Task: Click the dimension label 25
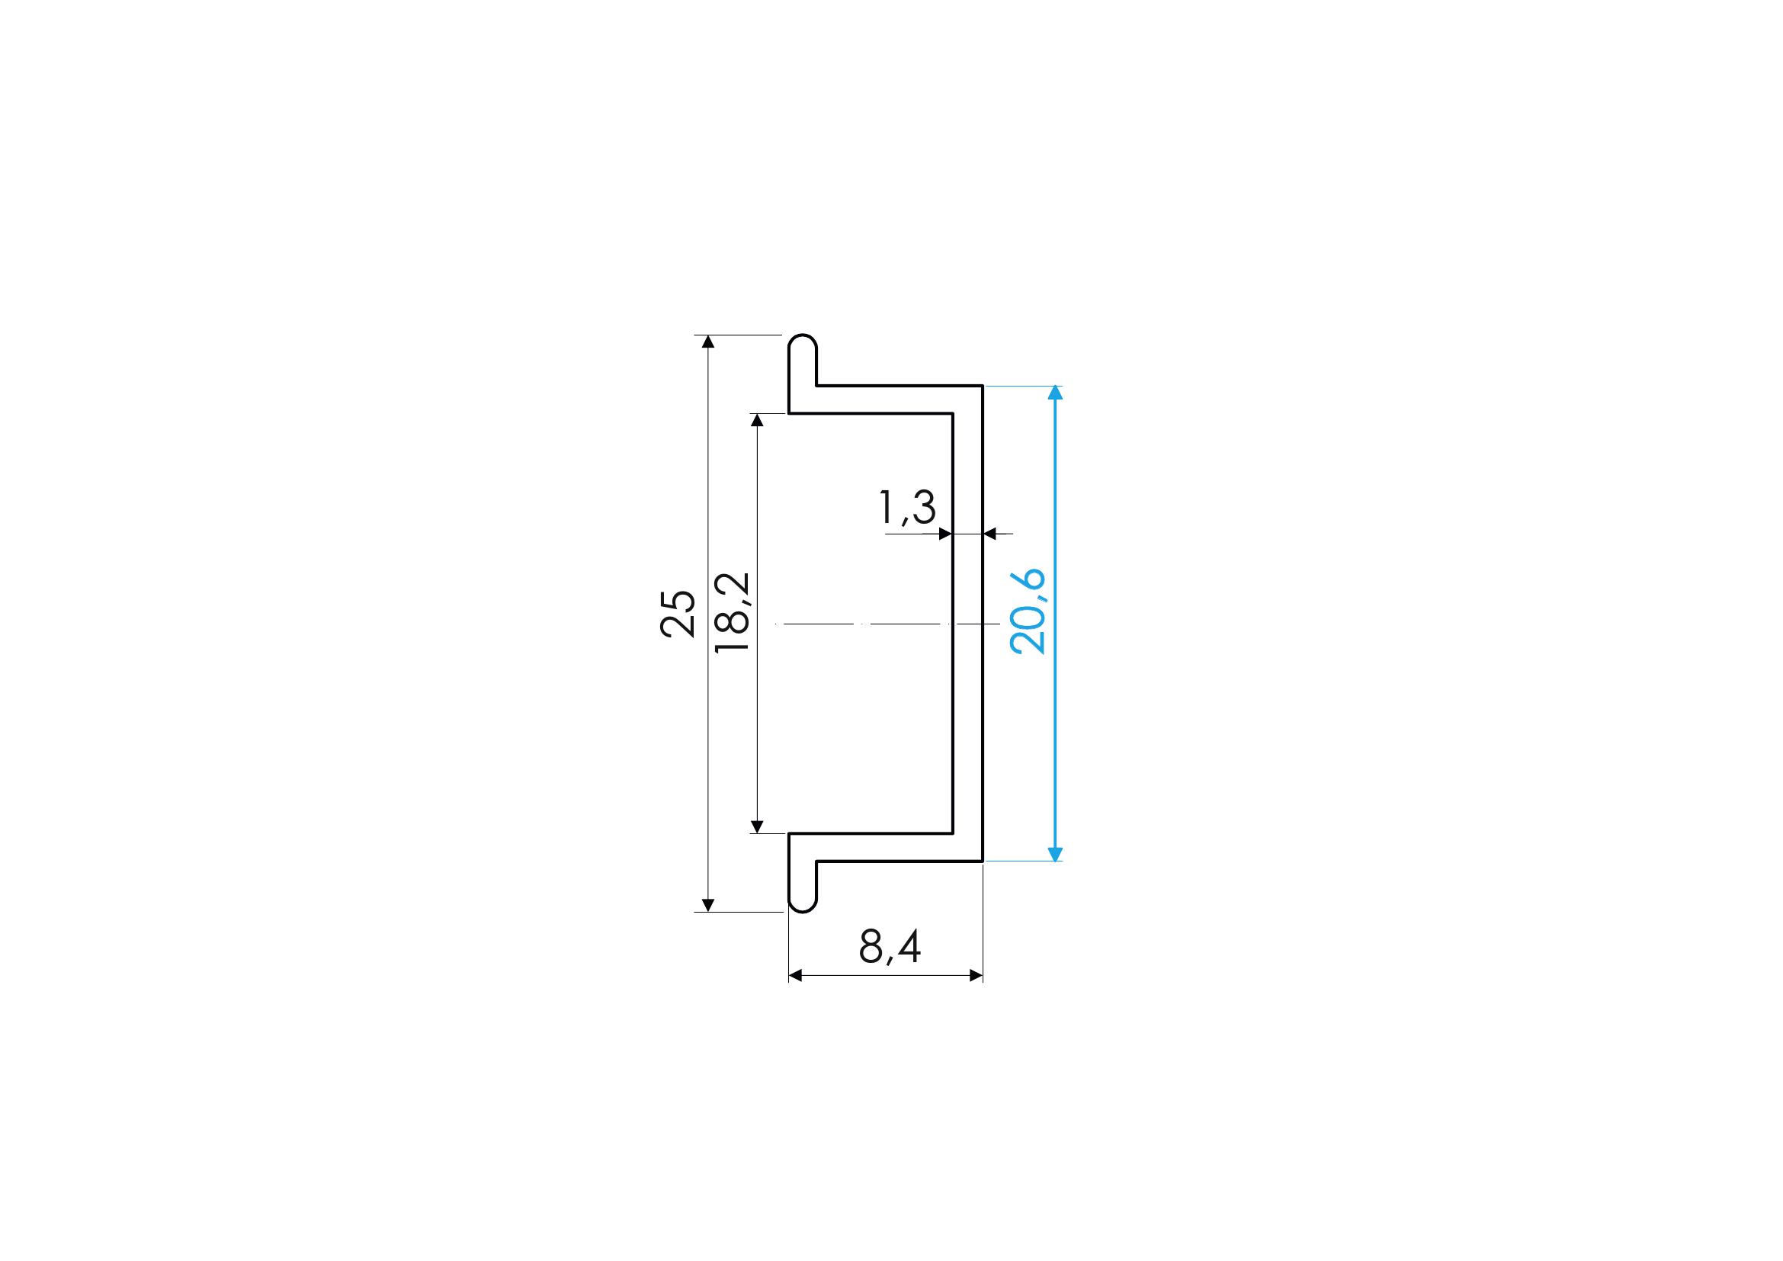[x=677, y=614]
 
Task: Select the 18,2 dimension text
[x=732, y=613]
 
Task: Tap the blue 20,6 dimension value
[x=1028, y=612]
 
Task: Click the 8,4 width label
[x=890, y=947]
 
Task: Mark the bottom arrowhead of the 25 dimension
[x=707, y=905]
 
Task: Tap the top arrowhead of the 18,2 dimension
[x=758, y=420]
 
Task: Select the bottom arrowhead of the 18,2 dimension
[x=758, y=826]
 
